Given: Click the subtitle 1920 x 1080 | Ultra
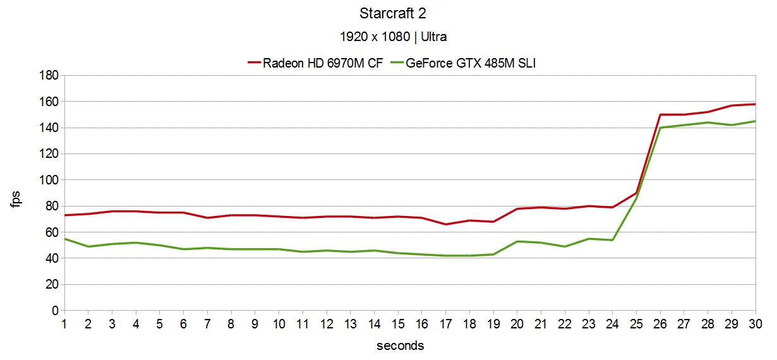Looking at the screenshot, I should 393,37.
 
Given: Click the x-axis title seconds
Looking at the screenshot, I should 400,345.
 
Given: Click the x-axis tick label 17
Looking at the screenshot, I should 445,323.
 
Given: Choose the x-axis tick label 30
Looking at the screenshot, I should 756,323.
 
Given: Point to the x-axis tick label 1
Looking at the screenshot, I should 64,323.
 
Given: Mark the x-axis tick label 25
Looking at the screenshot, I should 636,323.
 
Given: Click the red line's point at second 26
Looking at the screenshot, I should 660,114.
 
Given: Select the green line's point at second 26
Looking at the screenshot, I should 660,128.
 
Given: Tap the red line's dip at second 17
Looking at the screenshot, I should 445,224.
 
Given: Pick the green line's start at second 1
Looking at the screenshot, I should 64,239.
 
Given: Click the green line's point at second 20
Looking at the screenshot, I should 517,241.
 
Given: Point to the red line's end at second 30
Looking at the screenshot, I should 756,104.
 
